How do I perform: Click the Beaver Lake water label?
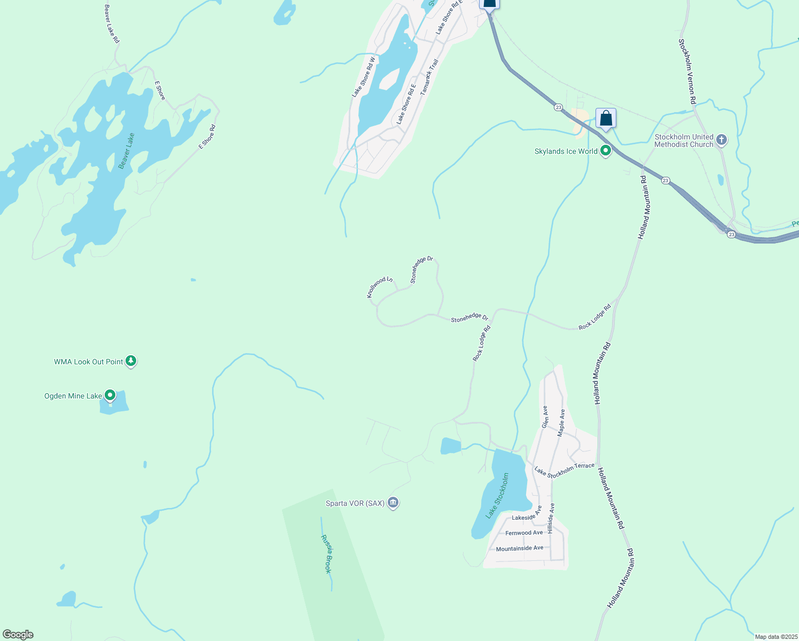[127, 151]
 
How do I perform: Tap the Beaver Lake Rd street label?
[112, 24]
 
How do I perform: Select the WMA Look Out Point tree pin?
[131, 361]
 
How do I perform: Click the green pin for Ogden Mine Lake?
[110, 395]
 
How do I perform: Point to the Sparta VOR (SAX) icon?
[394, 503]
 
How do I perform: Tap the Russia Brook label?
[326, 554]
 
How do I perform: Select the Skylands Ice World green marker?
[606, 151]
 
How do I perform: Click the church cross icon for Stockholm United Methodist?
[722, 140]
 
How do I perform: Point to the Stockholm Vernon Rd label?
[687, 71]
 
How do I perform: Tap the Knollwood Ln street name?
[380, 287]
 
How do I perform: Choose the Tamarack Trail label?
[429, 77]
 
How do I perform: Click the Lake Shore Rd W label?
[364, 77]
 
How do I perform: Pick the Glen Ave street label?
[545, 417]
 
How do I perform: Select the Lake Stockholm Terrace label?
[565, 470]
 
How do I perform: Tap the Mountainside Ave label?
[520, 549]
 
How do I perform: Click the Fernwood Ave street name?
[524, 533]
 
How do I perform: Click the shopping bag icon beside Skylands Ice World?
[606, 118]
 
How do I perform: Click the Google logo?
[18, 635]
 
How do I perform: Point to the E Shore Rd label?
[207, 137]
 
